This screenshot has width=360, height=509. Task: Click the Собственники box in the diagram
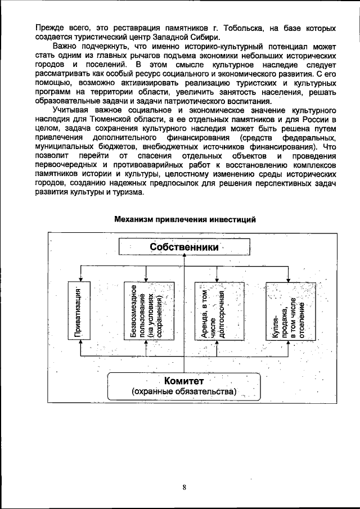(x=183, y=247)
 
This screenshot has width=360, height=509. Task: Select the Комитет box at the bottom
(x=184, y=386)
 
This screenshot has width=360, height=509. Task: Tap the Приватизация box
(x=82, y=310)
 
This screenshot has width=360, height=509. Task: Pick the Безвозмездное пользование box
(x=146, y=310)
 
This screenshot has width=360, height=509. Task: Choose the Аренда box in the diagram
(x=218, y=310)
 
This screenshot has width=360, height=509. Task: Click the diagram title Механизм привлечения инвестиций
(x=185, y=219)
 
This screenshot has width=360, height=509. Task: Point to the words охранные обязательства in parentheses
(x=184, y=391)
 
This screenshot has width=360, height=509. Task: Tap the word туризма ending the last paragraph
(x=128, y=191)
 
